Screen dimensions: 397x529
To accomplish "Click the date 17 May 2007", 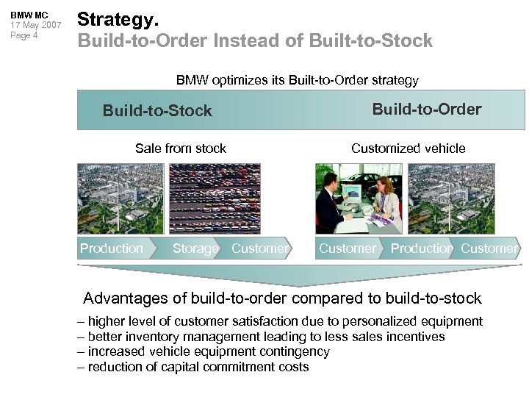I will coord(35,25).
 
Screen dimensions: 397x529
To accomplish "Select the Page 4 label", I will coord(24,35).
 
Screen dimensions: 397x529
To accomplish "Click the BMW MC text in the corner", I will coord(29,15).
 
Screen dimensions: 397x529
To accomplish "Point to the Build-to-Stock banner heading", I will coord(157,111).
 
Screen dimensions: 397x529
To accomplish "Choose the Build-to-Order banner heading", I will coord(426,110).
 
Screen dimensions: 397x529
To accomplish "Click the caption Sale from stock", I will coord(181,149).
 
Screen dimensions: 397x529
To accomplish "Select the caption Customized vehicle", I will coord(408,149).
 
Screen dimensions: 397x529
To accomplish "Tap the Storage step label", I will coord(195,248).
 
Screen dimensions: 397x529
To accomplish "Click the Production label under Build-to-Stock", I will coord(112,248).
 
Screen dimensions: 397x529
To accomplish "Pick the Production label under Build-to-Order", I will coord(421,248).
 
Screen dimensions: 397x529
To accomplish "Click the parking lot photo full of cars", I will coord(215,198).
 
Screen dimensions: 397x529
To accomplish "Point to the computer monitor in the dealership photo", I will coord(354,193).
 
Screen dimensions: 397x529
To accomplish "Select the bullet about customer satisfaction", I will coord(280,321).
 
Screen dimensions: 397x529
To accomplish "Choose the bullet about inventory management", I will coord(261,337).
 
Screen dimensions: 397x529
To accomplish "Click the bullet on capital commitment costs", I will coord(193,367).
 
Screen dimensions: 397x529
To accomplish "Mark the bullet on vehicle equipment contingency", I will coord(204,351).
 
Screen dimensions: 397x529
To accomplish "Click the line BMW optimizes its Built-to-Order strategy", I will coord(297,79).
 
